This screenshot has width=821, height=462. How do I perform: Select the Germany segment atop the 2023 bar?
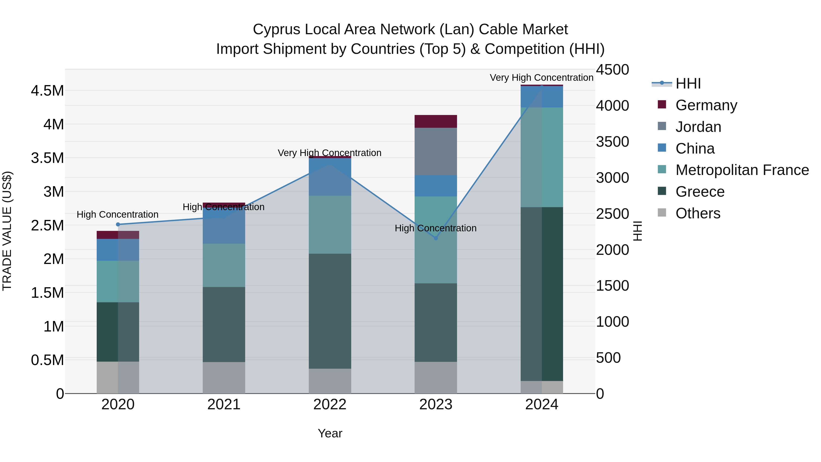[x=435, y=121]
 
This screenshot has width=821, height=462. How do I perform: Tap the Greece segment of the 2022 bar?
[x=330, y=311]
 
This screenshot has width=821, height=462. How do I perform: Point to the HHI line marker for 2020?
[x=118, y=224]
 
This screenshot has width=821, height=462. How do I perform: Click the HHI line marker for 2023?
[x=436, y=238]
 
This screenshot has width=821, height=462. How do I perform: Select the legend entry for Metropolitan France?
[x=742, y=170]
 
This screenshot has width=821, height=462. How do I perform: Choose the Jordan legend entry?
[x=698, y=127]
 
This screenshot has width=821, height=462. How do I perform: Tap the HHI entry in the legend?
[x=688, y=84]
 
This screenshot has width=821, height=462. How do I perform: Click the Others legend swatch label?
[x=698, y=213]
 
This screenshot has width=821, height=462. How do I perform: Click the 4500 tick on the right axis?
[x=612, y=70]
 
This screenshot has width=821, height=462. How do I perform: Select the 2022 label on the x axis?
[x=330, y=405]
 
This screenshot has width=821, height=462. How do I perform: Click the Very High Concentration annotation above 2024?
[x=541, y=78]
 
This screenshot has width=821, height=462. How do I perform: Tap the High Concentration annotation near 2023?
[x=435, y=228]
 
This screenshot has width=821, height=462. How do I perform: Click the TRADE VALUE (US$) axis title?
[x=7, y=231]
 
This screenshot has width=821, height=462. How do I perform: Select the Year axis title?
[x=330, y=433]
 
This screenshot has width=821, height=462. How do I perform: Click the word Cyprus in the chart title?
[x=277, y=29]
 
